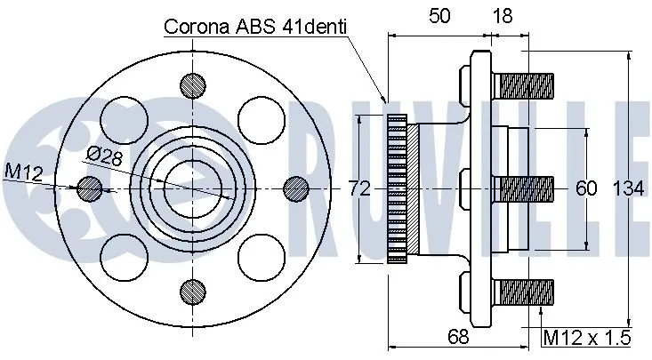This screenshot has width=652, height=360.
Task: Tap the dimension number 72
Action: click(x=358, y=188)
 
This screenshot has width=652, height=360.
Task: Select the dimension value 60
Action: click(x=586, y=188)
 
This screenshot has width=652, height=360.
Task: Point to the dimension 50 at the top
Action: click(x=439, y=15)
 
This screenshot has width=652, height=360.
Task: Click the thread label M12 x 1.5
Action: click(x=588, y=338)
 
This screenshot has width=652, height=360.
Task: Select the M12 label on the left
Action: click(x=23, y=170)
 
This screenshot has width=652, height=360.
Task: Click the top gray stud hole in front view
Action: click(x=191, y=84)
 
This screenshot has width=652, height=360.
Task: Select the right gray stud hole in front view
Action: click(x=294, y=188)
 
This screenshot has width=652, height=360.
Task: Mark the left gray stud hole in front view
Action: click(x=88, y=188)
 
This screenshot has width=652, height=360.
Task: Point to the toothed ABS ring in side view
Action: click(x=398, y=188)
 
